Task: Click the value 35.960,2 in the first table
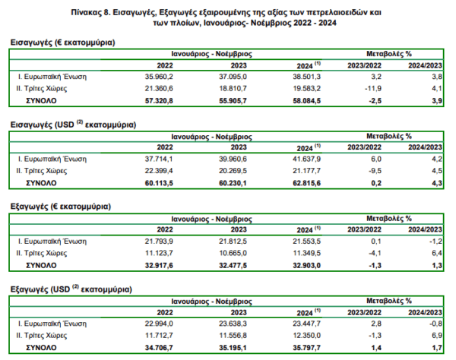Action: [x=159, y=77]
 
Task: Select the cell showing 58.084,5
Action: [x=307, y=101]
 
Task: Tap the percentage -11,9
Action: [x=373, y=88]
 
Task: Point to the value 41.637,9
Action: [x=307, y=159]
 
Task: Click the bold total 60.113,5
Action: [x=159, y=183]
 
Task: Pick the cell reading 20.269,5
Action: [x=233, y=171]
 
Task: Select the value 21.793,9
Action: [x=159, y=242]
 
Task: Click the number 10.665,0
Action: [x=233, y=253]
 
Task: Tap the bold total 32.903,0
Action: [x=307, y=265]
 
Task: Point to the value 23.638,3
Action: [x=233, y=324]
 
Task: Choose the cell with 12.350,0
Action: [x=307, y=335]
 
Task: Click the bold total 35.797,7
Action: [x=307, y=348]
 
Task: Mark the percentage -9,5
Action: [x=375, y=171]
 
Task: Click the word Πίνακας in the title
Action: [x=86, y=12]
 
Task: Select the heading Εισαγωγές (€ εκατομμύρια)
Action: [x=63, y=43]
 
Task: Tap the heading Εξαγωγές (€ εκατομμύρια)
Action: [x=61, y=207]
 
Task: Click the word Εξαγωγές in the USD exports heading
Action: [x=29, y=289]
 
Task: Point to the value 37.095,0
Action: [x=233, y=77]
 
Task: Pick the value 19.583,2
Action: [x=307, y=88]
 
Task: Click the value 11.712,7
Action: [x=159, y=335]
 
